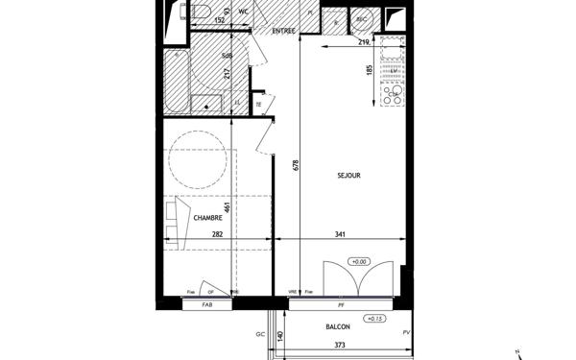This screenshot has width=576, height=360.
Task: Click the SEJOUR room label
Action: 348,176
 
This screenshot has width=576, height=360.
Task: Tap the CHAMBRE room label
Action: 208,218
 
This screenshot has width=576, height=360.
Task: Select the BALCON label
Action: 337,327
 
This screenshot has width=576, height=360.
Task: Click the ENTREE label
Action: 283,32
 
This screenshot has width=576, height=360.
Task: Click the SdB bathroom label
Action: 228,57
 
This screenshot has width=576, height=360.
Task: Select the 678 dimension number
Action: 297,165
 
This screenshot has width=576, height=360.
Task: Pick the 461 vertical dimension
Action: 228,208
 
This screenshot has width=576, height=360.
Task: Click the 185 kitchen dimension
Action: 369,70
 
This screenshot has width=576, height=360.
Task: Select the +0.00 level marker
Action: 359,261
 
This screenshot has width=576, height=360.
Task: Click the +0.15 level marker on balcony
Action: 372,319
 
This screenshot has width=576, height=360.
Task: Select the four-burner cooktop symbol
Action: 392,93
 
